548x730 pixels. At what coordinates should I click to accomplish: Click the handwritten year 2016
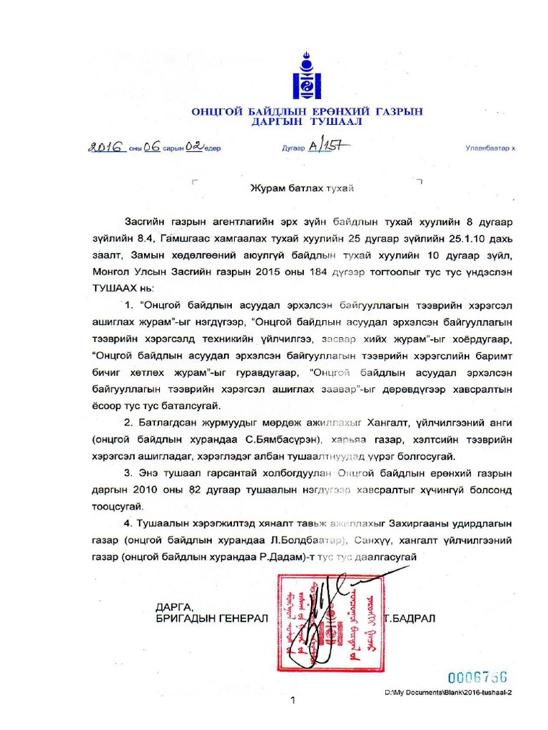tap(106, 147)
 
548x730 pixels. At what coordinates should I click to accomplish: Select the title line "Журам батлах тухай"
tap(301, 188)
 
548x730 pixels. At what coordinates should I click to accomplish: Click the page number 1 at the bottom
tap(293, 700)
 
